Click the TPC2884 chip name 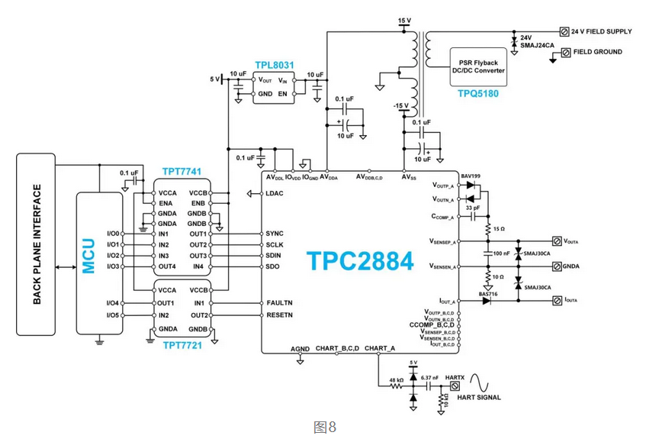click(360, 261)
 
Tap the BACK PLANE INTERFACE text click(37, 244)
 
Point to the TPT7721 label click(182, 346)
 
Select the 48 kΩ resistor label click(395, 379)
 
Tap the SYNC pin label click(275, 233)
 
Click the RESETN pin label click(280, 315)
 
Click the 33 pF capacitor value click(472, 208)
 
